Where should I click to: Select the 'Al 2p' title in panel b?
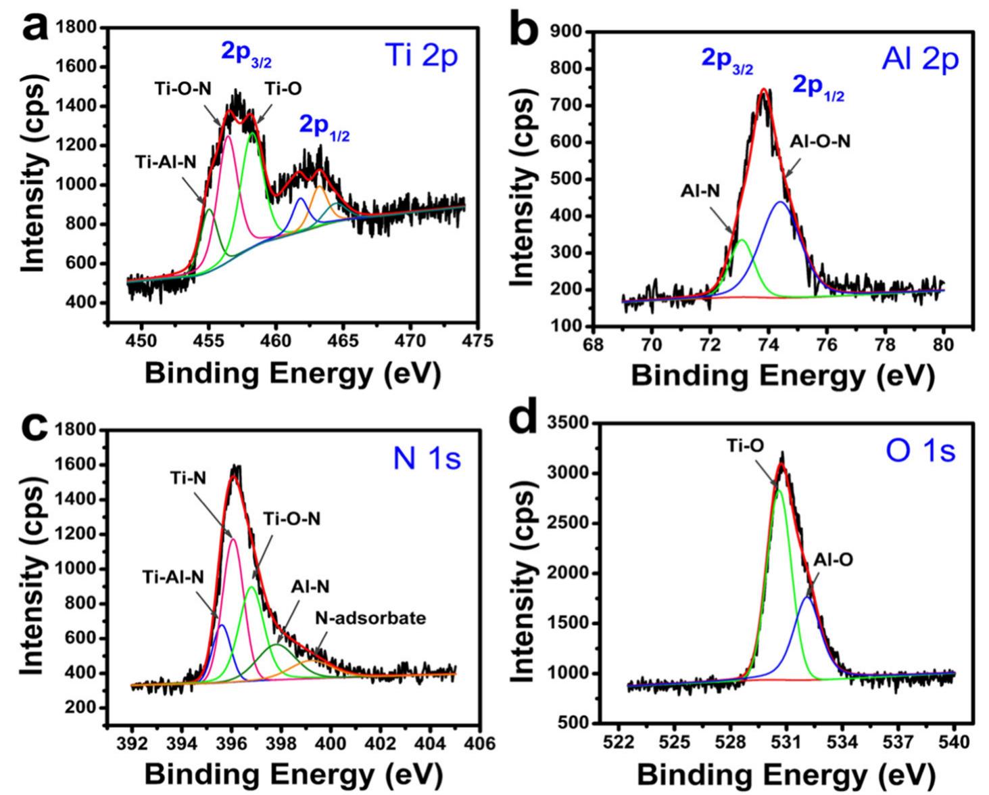920,60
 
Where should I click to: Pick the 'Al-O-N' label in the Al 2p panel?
820,141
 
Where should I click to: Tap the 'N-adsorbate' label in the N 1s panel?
370,617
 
